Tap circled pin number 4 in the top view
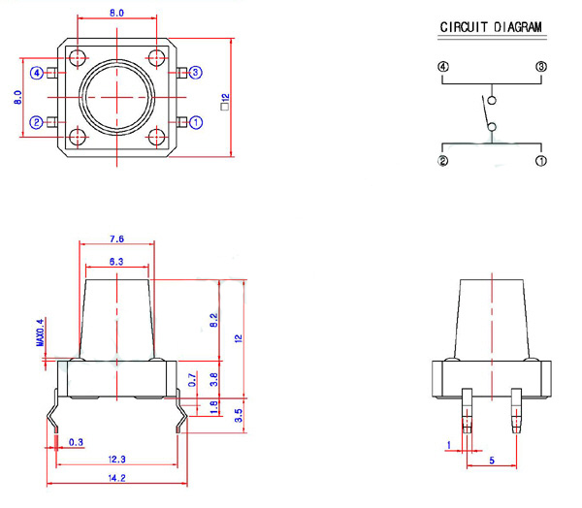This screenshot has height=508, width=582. tap(37, 73)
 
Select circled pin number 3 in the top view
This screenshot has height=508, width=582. tap(196, 73)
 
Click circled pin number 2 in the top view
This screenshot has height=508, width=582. tap(37, 122)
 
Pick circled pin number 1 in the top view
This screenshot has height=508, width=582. tap(196, 122)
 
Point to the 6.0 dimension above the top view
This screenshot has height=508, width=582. tap(116, 14)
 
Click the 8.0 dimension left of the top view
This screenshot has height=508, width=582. tap(16, 97)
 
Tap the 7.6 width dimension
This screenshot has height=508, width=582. tap(116, 238)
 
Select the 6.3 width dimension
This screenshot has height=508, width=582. tap(116, 263)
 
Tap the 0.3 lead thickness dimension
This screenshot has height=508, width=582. tap(77, 443)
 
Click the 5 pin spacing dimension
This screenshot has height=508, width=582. tap(492, 461)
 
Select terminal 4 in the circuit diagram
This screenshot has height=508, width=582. tap(443, 67)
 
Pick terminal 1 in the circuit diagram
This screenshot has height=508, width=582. tap(541, 161)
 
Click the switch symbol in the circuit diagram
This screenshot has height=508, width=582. tap(489, 112)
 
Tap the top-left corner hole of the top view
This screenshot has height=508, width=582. tap(79, 55)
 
